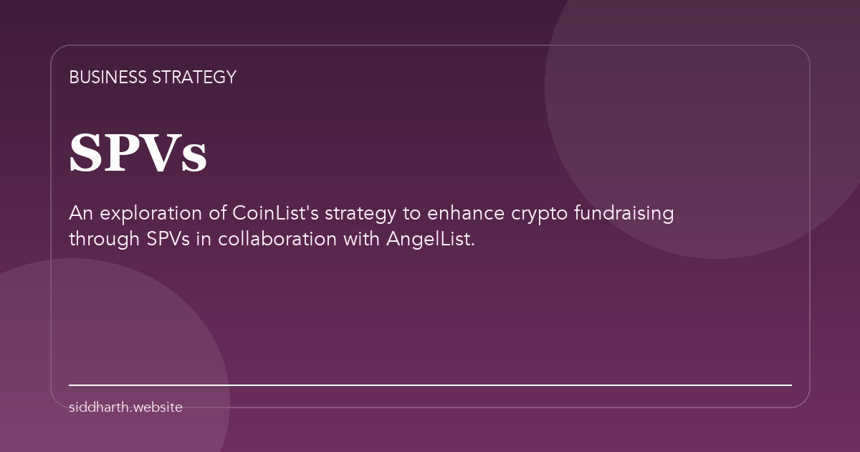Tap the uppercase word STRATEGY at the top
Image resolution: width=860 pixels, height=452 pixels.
coord(194,77)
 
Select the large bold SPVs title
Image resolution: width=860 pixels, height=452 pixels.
coord(138,154)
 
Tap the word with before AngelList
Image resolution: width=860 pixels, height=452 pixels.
coord(363,239)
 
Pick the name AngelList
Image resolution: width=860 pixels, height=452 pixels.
coord(430,239)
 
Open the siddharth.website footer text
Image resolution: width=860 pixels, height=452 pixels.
coord(125,408)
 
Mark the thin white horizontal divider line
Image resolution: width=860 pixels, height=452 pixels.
coord(430,385)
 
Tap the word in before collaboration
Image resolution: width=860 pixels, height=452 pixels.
coord(204,239)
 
